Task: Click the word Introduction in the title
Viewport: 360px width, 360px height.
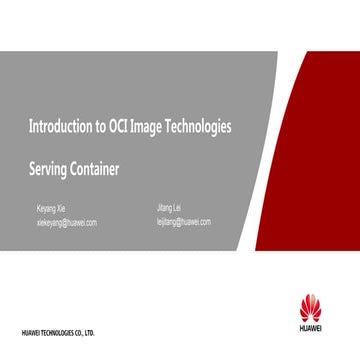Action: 58,128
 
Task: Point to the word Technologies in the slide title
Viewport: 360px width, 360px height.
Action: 199,128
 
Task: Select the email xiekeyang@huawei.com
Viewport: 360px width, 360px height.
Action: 66,223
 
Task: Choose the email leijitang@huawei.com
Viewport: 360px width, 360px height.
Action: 184,221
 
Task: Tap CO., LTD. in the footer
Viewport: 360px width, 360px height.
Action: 89,332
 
